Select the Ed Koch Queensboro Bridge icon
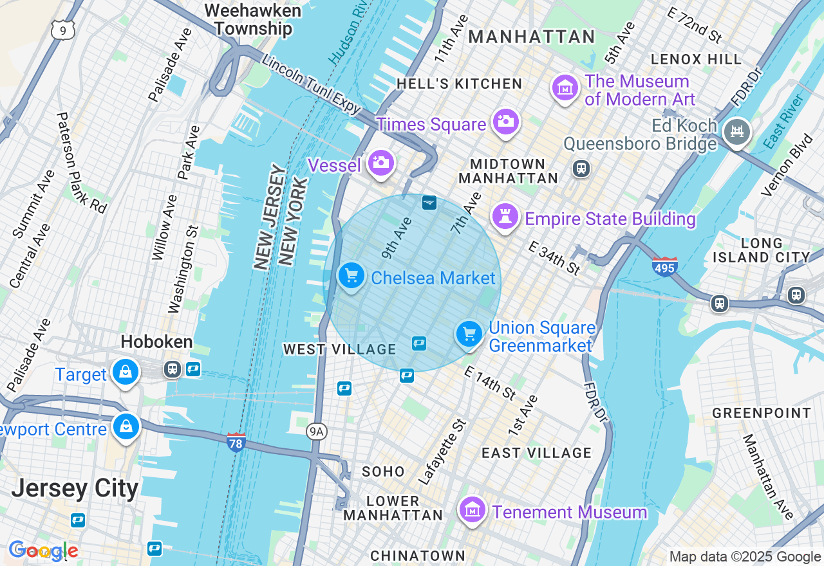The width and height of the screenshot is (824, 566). pos(736,132)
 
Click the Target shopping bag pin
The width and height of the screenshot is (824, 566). pos(126,372)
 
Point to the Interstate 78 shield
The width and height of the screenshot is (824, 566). pos(236,442)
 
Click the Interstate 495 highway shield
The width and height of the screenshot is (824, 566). pos(664,266)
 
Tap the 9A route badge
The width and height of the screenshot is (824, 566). pos(315,432)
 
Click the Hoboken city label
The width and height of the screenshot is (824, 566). pos(156,342)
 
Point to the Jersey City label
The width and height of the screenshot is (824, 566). pos(75,489)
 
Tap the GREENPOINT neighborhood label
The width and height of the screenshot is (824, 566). pos(762,413)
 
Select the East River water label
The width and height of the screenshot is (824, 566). pos(785,122)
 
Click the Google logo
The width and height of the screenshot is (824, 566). pos(43,551)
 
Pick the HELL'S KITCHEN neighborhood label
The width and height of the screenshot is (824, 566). pos(459,84)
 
